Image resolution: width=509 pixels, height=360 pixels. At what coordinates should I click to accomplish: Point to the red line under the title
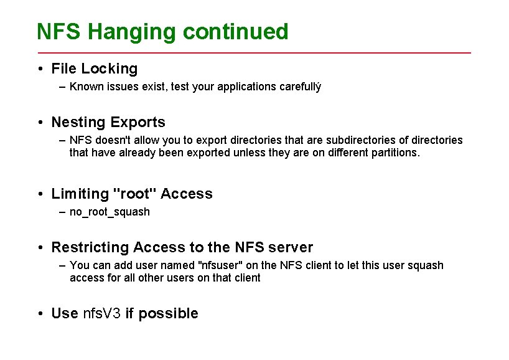pyautogui.click(x=254, y=53)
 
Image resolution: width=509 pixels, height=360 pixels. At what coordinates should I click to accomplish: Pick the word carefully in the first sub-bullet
pyautogui.click(x=299, y=87)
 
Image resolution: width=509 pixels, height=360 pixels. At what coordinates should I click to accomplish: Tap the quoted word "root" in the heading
pyautogui.click(x=134, y=194)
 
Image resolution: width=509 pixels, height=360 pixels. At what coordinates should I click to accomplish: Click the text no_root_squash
pyautogui.click(x=110, y=212)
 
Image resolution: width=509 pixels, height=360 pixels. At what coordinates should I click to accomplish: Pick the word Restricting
pyautogui.click(x=90, y=247)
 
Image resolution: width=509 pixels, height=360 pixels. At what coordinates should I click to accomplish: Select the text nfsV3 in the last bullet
pyautogui.click(x=101, y=313)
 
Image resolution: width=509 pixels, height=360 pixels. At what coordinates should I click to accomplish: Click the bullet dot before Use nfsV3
pyautogui.click(x=39, y=313)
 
